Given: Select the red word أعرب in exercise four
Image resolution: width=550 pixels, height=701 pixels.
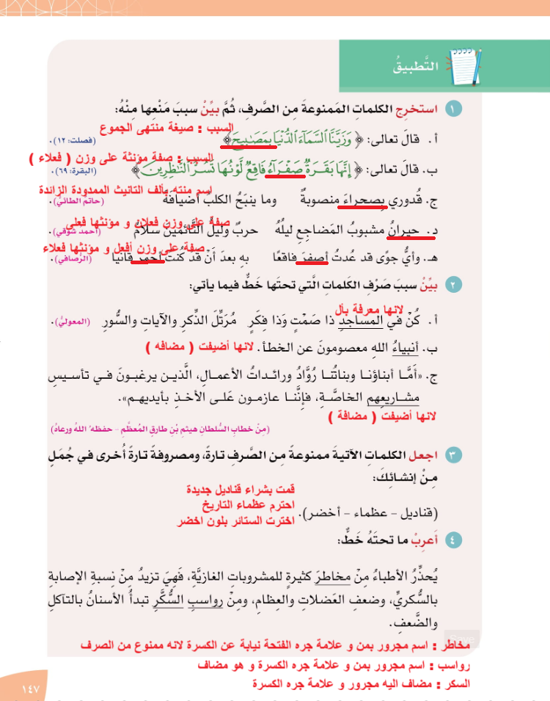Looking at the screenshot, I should pyautogui.click(x=428, y=540).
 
